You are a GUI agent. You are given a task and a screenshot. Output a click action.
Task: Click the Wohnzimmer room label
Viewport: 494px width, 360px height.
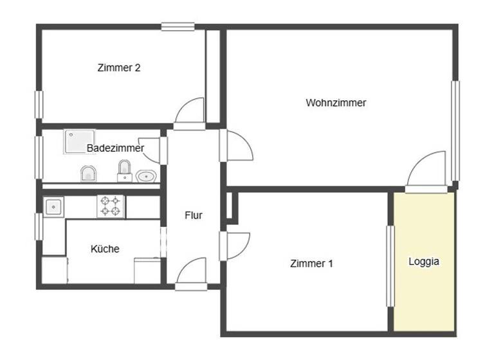point(336,102)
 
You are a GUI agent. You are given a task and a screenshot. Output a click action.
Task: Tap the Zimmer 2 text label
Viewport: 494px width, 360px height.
point(119,67)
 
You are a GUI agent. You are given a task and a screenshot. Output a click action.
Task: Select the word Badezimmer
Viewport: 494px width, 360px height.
point(115,148)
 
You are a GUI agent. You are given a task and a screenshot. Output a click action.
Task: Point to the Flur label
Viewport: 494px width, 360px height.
point(193,215)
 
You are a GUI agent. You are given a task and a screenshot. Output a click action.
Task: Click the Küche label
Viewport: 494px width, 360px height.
point(105,249)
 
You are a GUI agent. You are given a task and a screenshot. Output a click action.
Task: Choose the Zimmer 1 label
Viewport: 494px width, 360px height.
point(311,263)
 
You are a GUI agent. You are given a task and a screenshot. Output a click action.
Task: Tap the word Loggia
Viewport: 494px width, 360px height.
point(424,262)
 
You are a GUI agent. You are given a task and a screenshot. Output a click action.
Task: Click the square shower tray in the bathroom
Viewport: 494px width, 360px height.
point(78,141)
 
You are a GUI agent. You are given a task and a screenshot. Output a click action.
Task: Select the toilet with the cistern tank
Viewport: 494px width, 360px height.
point(124,171)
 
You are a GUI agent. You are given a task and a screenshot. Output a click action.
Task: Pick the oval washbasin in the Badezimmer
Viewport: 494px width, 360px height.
point(147,175)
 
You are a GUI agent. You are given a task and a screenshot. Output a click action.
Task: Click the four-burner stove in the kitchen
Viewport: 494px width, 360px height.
point(110,206)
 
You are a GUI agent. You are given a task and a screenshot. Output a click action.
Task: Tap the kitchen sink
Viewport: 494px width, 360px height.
point(53,206)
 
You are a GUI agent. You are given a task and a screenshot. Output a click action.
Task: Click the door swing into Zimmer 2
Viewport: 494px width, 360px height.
point(191,112)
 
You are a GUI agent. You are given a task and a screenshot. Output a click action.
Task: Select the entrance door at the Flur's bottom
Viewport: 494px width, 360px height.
point(192,273)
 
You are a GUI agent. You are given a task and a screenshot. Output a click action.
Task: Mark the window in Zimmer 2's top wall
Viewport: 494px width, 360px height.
point(178,27)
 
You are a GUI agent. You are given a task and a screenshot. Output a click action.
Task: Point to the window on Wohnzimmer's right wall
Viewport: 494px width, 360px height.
point(455,131)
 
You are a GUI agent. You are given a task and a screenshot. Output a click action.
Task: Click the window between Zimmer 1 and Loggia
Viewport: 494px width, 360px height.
point(389,265)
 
